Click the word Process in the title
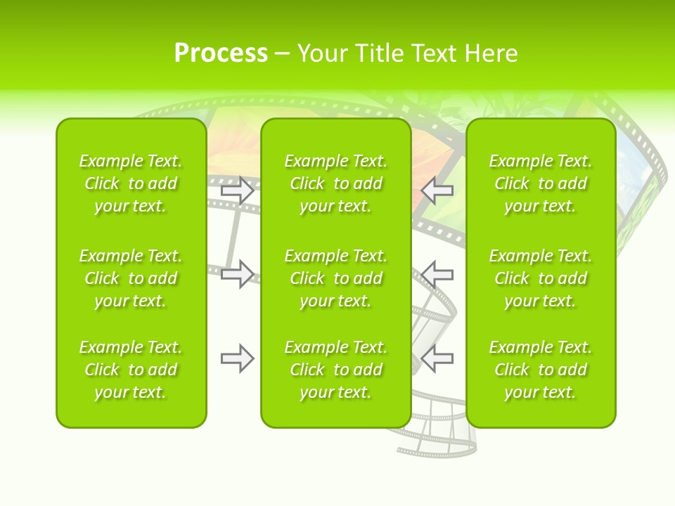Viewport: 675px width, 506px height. point(221,53)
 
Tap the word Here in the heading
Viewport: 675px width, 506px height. point(491,53)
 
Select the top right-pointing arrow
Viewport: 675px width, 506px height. point(238,190)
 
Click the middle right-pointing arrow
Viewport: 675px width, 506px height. point(238,274)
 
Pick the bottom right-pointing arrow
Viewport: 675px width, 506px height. point(238,358)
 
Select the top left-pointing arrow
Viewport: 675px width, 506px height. point(437,190)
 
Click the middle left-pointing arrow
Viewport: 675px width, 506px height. point(437,274)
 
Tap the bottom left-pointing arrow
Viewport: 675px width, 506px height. point(437,358)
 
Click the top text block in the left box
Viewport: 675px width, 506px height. point(131,183)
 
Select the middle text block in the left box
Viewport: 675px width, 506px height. point(131,278)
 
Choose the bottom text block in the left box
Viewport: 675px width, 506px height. point(131,370)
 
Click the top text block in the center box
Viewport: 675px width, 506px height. point(335,183)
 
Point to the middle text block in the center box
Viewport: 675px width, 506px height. point(335,278)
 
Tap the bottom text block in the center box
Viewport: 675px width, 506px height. point(335,370)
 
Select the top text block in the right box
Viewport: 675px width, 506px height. point(540,183)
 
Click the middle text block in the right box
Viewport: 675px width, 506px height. point(540,278)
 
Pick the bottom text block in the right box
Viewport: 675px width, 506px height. point(540,370)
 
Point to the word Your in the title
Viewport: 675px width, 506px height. point(322,53)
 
